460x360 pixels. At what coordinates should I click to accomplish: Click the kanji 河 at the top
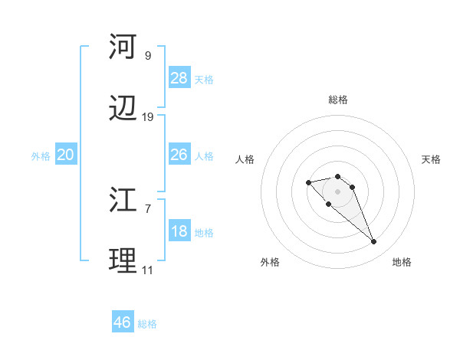123,47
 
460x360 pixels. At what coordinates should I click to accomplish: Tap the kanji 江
123,201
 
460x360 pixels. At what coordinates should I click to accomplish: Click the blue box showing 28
179,78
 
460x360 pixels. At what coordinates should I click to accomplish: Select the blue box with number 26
179,155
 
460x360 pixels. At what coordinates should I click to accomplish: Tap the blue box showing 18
179,231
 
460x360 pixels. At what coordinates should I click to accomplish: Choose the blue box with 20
66,155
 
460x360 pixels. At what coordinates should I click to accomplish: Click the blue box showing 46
123,322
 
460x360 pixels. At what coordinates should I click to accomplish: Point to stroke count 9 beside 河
148,55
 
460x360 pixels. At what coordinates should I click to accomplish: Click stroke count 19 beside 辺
148,116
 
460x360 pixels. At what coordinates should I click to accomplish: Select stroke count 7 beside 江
148,208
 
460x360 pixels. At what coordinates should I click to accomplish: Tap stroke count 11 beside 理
148,270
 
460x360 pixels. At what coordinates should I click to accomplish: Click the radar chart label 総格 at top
338,100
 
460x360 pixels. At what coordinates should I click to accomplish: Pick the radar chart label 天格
432,159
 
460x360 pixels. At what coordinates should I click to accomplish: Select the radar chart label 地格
402,262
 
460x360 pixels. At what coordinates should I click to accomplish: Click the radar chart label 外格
270,262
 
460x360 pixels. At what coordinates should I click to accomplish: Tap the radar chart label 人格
245,159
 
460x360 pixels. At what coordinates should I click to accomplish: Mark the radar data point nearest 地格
374,242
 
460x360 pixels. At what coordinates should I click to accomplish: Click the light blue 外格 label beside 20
41,155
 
